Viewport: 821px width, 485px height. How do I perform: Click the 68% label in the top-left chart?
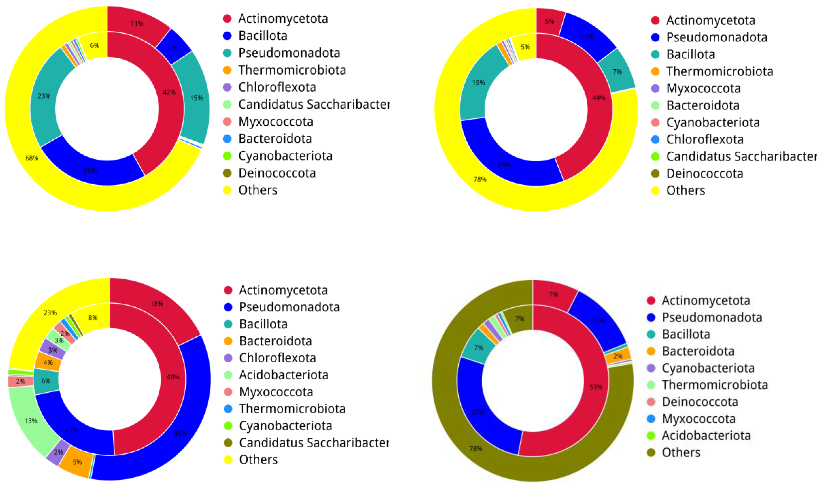tap(32, 158)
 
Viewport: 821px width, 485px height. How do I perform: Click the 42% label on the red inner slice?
tap(169, 92)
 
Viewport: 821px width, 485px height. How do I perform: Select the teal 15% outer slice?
tap(197, 98)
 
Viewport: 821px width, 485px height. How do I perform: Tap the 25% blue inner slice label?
tap(90, 171)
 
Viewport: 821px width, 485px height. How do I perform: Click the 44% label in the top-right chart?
tap(599, 98)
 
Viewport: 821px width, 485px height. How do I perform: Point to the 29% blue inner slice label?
tap(504, 165)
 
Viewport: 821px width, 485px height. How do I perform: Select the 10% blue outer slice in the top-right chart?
tap(587, 36)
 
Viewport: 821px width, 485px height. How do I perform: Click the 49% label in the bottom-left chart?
tap(173, 377)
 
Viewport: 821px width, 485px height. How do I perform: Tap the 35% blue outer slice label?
tap(180, 433)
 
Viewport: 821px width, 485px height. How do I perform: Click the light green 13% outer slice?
tap(31, 421)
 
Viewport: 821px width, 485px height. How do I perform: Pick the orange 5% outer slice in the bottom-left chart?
tap(77, 462)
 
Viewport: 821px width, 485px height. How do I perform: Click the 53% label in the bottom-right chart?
tap(596, 387)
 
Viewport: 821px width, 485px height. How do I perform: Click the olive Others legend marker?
tap(651, 453)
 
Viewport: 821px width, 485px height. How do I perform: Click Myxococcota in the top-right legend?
tap(703, 88)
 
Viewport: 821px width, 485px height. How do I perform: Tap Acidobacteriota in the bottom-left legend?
tap(283, 375)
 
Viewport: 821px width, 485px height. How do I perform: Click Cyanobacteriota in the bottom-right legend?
tap(708, 368)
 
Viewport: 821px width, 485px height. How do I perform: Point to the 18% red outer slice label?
tap(157, 304)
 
